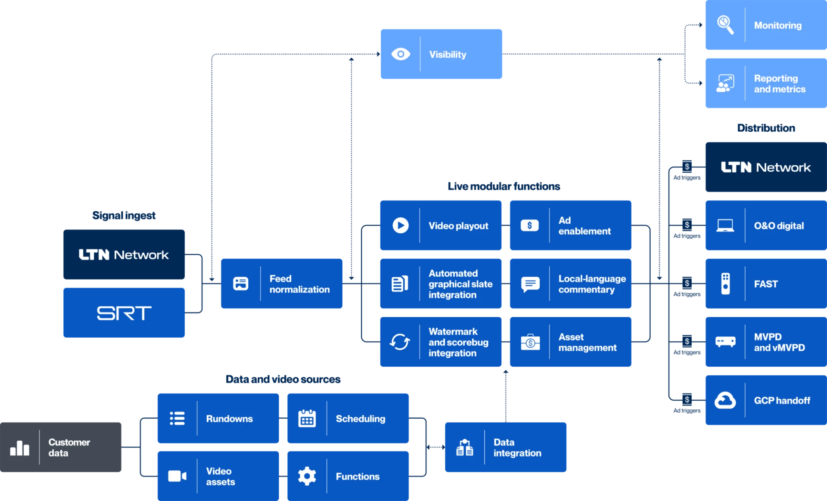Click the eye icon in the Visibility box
[401, 54]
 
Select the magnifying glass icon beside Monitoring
[725, 25]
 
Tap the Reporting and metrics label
[779, 84]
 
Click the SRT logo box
[124, 313]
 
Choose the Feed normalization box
[282, 284]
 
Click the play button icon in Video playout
[401, 226]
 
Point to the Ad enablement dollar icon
[529, 226]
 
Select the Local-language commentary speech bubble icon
[530, 284]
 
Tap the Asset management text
[587, 342]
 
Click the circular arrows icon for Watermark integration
[400, 342]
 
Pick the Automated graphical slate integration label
[460, 284]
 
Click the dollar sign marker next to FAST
[687, 283]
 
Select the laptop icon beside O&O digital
[725, 226]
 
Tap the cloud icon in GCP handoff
[725, 400]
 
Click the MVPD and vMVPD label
[779, 342]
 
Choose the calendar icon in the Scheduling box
[307, 418]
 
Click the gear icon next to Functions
[307, 476]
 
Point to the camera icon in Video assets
[177, 476]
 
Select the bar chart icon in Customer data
[20, 448]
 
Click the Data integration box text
[517, 448]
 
